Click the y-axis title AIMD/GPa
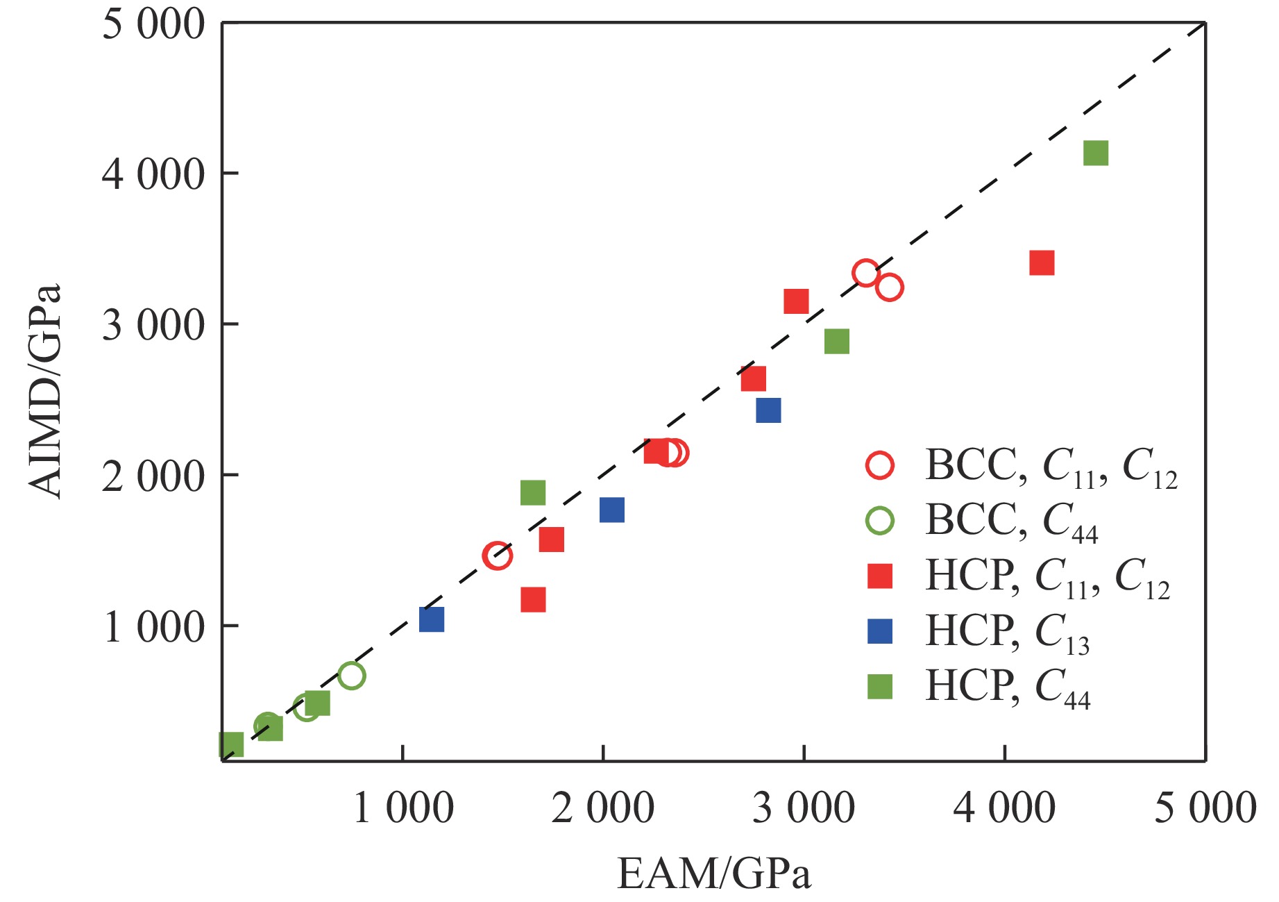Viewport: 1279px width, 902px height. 45,391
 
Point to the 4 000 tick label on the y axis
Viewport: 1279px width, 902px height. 153,174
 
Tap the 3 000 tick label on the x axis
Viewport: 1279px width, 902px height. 804,808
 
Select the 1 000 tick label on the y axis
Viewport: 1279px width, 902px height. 153,626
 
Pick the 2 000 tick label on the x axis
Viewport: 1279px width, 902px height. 602,808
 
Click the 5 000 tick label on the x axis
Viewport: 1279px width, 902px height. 1205,808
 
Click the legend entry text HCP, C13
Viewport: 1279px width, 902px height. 1007,632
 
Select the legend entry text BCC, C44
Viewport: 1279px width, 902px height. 1011,521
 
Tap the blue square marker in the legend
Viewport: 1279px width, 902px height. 880,631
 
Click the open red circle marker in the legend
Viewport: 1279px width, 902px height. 880,465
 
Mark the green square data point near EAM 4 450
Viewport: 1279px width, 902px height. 1095,153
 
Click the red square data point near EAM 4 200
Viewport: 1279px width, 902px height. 1042,263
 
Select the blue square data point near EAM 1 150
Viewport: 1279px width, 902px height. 432,619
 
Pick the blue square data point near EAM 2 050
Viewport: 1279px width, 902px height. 611,510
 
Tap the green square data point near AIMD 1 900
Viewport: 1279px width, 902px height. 532,493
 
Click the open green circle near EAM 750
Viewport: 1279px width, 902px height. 351,676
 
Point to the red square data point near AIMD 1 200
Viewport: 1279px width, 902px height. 533,599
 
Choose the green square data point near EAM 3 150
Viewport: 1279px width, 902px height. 837,342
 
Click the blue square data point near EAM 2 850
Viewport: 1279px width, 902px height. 768,410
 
